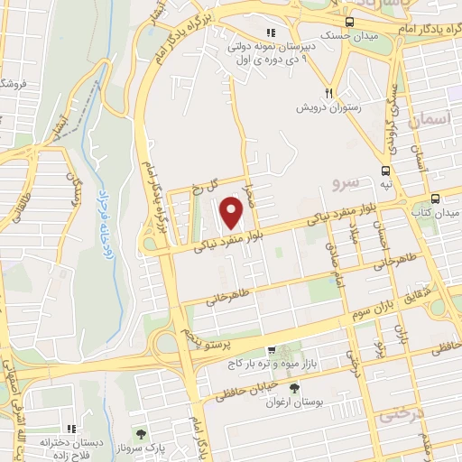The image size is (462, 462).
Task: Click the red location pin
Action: point(232,213)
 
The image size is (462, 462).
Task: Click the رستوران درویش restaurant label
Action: point(325,106)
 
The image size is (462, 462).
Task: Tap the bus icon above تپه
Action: point(386,170)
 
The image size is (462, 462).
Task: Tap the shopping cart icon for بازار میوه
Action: point(271,351)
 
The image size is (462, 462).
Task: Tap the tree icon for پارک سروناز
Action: point(139,435)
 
